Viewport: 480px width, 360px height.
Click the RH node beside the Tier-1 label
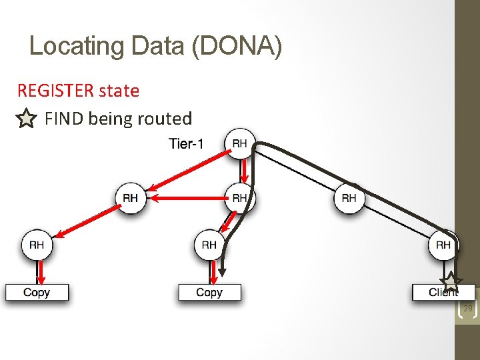coord(240,143)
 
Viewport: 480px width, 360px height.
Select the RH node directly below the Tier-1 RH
coord(240,198)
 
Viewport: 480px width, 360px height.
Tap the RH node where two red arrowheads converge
coord(131,198)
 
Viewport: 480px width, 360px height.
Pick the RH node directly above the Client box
coord(443,245)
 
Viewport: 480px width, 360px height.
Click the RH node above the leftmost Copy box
coord(37,245)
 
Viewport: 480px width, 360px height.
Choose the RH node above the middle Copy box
coord(209,245)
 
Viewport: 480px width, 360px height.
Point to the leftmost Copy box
coord(37,292)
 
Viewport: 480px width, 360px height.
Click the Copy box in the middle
coord(209,292)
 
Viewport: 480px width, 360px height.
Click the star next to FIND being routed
coord(25,119)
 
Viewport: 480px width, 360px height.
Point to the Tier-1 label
coord(186,143)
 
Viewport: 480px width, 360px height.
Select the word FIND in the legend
coord(64,119)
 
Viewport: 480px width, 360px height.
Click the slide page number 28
coord(467,309)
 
